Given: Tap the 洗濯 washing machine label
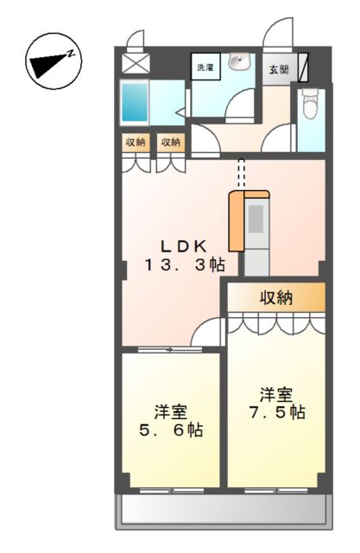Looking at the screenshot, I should pos(205,67).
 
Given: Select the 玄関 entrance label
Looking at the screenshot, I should pos(277,70).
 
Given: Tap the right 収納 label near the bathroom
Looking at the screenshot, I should pos(170,142).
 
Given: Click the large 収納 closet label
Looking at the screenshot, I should pos(277,298).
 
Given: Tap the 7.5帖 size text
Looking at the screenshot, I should pos(275,413).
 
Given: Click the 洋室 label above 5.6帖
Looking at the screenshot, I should pos(172,409).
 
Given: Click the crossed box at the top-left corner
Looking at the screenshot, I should pos(135,64).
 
